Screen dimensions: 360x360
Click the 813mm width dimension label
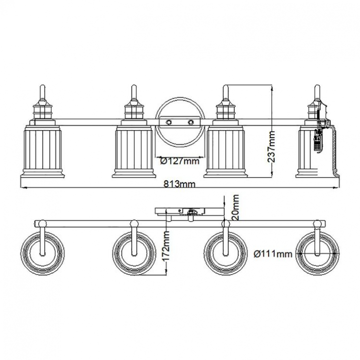coord(180,184)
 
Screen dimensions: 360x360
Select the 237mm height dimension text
coord(271,147)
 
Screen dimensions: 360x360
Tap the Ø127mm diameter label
coord(180,161)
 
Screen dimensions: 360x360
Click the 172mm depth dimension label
coord(165,246)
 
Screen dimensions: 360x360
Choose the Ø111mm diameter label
coord(273,254)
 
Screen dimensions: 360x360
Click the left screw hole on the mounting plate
coord(169,122)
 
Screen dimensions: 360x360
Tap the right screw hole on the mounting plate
coord(191,122)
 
